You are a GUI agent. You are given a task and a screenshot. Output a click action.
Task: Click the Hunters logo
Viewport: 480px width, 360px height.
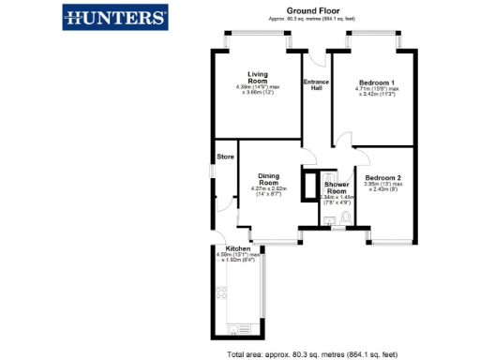115,16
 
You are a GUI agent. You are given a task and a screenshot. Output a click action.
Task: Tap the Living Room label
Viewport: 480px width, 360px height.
258,78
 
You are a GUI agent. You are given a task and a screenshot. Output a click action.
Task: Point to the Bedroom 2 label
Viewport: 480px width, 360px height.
383,177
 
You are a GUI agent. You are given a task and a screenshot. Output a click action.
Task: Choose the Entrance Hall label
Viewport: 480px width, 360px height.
316,84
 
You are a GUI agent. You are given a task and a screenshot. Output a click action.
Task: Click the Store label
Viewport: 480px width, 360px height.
225,157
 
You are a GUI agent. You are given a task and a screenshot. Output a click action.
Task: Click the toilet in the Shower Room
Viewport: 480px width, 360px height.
346,219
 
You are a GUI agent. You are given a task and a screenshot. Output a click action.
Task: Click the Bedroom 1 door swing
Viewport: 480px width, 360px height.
342,141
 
